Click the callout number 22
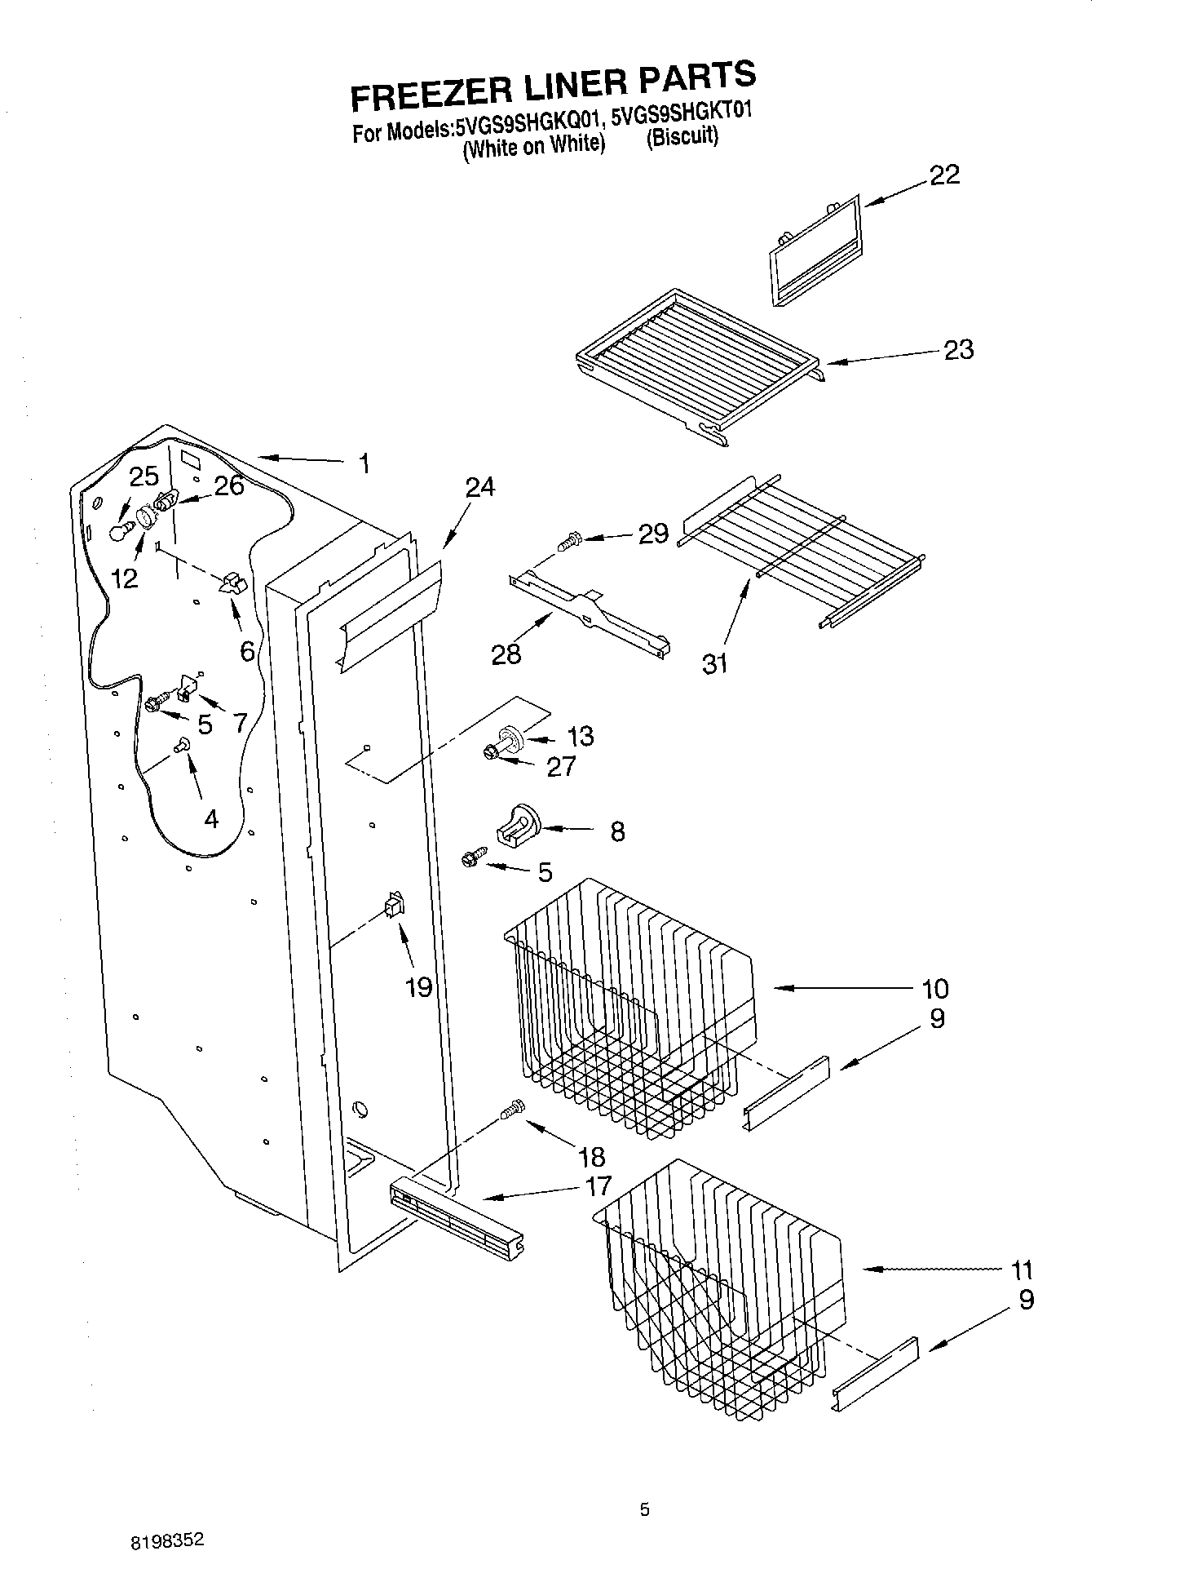(x=944, y=175)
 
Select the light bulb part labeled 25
(x=121, y=532)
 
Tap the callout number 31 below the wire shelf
(x=715, y=664)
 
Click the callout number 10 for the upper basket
(x=934, y=989)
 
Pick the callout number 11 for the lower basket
(x=1021, y=1270)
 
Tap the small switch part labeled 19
(x=395, y=906)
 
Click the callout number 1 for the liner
(x=364, y=463)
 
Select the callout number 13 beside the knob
(x=580, y=736)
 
